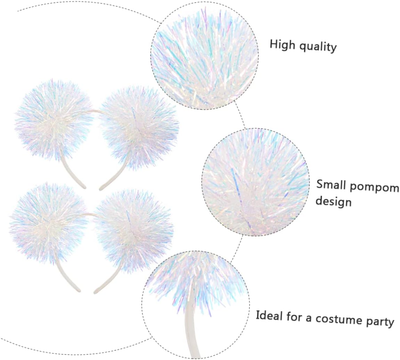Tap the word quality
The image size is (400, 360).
point(319,47)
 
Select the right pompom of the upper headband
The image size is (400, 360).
point(139,127)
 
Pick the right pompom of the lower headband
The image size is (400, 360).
point(134,228)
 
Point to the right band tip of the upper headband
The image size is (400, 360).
point(101,188)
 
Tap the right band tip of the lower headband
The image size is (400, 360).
point(96,291)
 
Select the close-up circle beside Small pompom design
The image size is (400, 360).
point(255,182)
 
